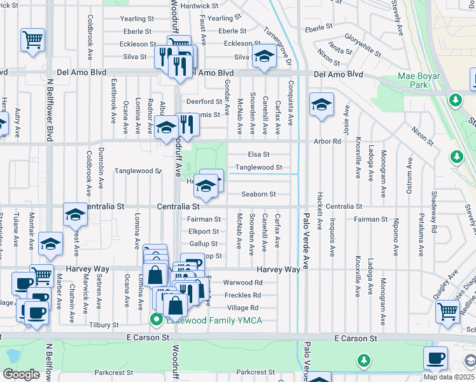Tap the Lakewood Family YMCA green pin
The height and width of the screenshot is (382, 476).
click(x=154, y=319)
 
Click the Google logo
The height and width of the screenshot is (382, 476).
click(x=21, y=374)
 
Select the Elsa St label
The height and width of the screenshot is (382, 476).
click(x=258, y=154)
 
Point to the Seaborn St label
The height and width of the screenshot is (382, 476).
click(x=258, y=194)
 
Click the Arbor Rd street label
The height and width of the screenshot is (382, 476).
click(x=327, y=141)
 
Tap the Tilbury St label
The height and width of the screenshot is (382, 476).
click(x=105, y=325)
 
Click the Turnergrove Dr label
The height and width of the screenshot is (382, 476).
click(x=277, y=40)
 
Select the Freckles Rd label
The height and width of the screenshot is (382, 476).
click(x=243, y=295)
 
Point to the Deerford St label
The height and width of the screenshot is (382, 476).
click(x=202, y=101)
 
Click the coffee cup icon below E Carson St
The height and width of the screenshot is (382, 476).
click(x=435, y=358)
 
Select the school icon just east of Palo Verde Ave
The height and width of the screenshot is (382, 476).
click(x=321, y=104)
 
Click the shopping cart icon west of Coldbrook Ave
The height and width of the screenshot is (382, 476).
click(x=32, y=39)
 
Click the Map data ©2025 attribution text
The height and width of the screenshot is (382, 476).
click(x=448, y=377)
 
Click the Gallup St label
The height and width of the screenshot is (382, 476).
click(x=203, y=244)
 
